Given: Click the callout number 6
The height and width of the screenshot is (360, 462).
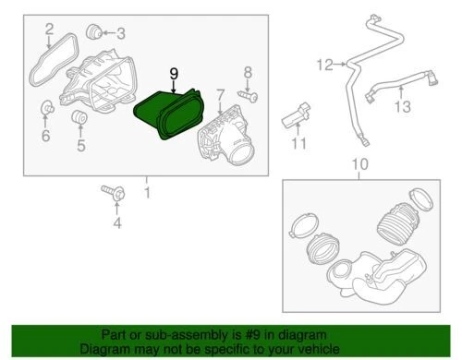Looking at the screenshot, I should pyautogui.click(x=45, y=137).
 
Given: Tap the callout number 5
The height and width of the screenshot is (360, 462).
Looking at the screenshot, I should pyautogui.click(x=80, y=144).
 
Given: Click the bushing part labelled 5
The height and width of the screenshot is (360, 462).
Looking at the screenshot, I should pyautogui.click(x=79, y=118).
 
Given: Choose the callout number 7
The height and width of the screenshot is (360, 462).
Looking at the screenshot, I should pyautogui.click(x=221, y=93).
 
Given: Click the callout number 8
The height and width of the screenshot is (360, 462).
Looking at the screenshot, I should pyautogui.click(x=248, y=72).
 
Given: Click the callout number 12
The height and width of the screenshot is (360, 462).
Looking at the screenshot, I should pyautogui.click(x=323, y=65).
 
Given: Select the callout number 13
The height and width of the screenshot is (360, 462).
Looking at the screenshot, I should pyautogui.click(x=402, y=109).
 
